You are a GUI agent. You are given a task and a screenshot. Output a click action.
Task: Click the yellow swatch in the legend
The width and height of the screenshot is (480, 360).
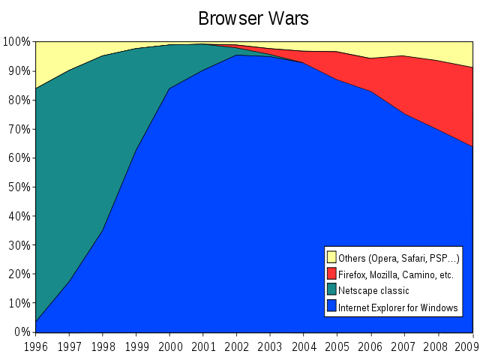[331, 257]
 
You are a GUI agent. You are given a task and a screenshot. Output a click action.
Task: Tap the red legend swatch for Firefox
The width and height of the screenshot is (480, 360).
[331, 274]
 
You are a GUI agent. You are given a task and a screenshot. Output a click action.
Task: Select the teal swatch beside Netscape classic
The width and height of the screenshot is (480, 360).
[331, 290]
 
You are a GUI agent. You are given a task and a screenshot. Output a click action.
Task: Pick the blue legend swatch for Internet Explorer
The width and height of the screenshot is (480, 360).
[331, 307]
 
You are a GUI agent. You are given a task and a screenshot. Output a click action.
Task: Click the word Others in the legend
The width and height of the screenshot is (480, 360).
[352, 258]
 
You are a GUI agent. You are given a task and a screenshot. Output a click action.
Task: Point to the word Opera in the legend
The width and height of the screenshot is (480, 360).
[384, 259]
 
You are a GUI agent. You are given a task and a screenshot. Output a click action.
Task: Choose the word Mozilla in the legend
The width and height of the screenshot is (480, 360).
[388, 274]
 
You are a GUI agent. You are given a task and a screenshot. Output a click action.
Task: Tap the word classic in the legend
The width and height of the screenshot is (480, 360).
[394, 291]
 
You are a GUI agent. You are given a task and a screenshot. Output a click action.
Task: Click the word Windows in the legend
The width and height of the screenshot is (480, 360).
[440, 307]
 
